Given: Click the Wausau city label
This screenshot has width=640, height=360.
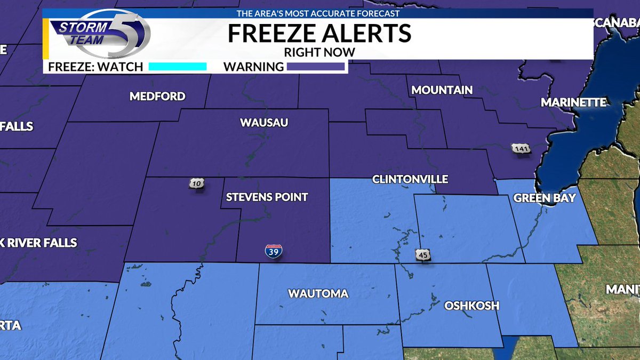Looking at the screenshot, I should (264, 123).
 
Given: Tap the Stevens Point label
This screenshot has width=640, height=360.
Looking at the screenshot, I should (267, 197).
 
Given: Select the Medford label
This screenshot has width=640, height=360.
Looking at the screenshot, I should (157, 97).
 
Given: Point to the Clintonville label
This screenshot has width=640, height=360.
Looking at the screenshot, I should (410, 179).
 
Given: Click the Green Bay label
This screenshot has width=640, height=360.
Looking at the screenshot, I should (545, 198).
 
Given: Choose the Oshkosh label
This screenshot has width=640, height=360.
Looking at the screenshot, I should (471, 306).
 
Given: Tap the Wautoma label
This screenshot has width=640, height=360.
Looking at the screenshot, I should (318, 293).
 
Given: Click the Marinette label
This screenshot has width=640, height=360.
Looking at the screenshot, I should (573, 102).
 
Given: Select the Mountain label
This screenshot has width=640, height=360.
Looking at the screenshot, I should (442, 90).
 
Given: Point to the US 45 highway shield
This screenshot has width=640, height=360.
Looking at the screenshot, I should (423, 255).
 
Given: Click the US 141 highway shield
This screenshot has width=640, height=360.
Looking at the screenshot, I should (521, 148).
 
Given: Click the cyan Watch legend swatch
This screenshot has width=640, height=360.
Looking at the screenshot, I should (177, 67).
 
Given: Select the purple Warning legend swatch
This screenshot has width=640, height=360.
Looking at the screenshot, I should (316, 67).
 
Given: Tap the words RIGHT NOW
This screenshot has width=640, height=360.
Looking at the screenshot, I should (319, 52).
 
